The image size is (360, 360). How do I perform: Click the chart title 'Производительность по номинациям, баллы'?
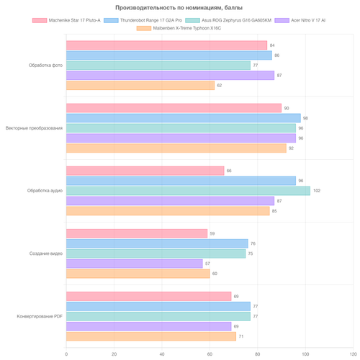(x=179, y=8)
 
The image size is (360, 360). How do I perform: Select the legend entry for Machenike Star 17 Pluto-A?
(x=66, y=20)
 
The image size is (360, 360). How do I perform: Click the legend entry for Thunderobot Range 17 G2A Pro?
(x=143, y=20)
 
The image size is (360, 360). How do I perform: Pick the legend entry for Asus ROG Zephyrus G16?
(x=228, y=20)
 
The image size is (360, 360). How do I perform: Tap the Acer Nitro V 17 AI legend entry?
(x=300, y=20)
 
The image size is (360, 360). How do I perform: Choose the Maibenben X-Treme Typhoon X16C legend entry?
(x=179, y=28)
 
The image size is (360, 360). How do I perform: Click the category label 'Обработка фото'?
(x=45, y=66)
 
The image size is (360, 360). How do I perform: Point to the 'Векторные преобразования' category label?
(x=34, y=128)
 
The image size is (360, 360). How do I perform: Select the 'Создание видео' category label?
(x=46, y=253)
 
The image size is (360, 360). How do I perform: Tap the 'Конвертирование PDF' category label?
(x=40, y=316)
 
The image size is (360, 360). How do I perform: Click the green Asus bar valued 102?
(x=188, y=191)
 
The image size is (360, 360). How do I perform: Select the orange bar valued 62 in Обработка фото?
(x=140, y=86)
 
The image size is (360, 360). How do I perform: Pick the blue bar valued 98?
(x=184, y=118)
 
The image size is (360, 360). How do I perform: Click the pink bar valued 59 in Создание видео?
(x=137, y=233)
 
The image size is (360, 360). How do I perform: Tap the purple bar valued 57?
(x=135, y=264)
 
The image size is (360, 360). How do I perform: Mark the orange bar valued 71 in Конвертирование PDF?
(x=151, y=336)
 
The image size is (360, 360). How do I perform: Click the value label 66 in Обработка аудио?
(x=229, y=171)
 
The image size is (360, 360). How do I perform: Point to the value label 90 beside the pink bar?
(x=287, y=108)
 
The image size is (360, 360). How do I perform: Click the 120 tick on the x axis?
(x=354, y=354)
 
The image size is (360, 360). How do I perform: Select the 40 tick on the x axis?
(x=162, y=354)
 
